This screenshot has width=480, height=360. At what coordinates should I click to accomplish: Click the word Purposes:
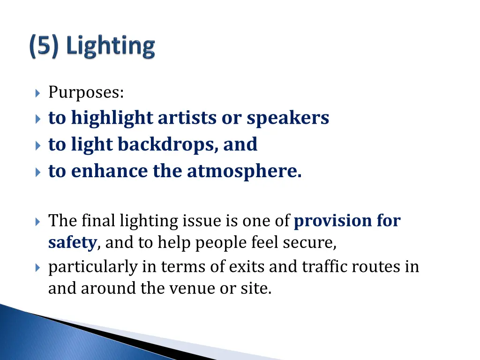(86, 93)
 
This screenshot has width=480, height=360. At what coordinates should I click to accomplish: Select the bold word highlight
(112, 118)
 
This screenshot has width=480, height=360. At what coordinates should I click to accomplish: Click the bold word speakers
(288, 118)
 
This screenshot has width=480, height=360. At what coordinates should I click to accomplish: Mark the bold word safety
(72, 243)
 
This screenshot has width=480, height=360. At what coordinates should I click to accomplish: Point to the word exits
(247, 267)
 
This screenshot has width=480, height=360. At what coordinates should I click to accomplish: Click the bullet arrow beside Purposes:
(38, 93)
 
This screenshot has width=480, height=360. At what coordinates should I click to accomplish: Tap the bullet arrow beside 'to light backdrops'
(38, 145)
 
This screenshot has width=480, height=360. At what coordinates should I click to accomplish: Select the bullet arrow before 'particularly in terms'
(38, 267)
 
